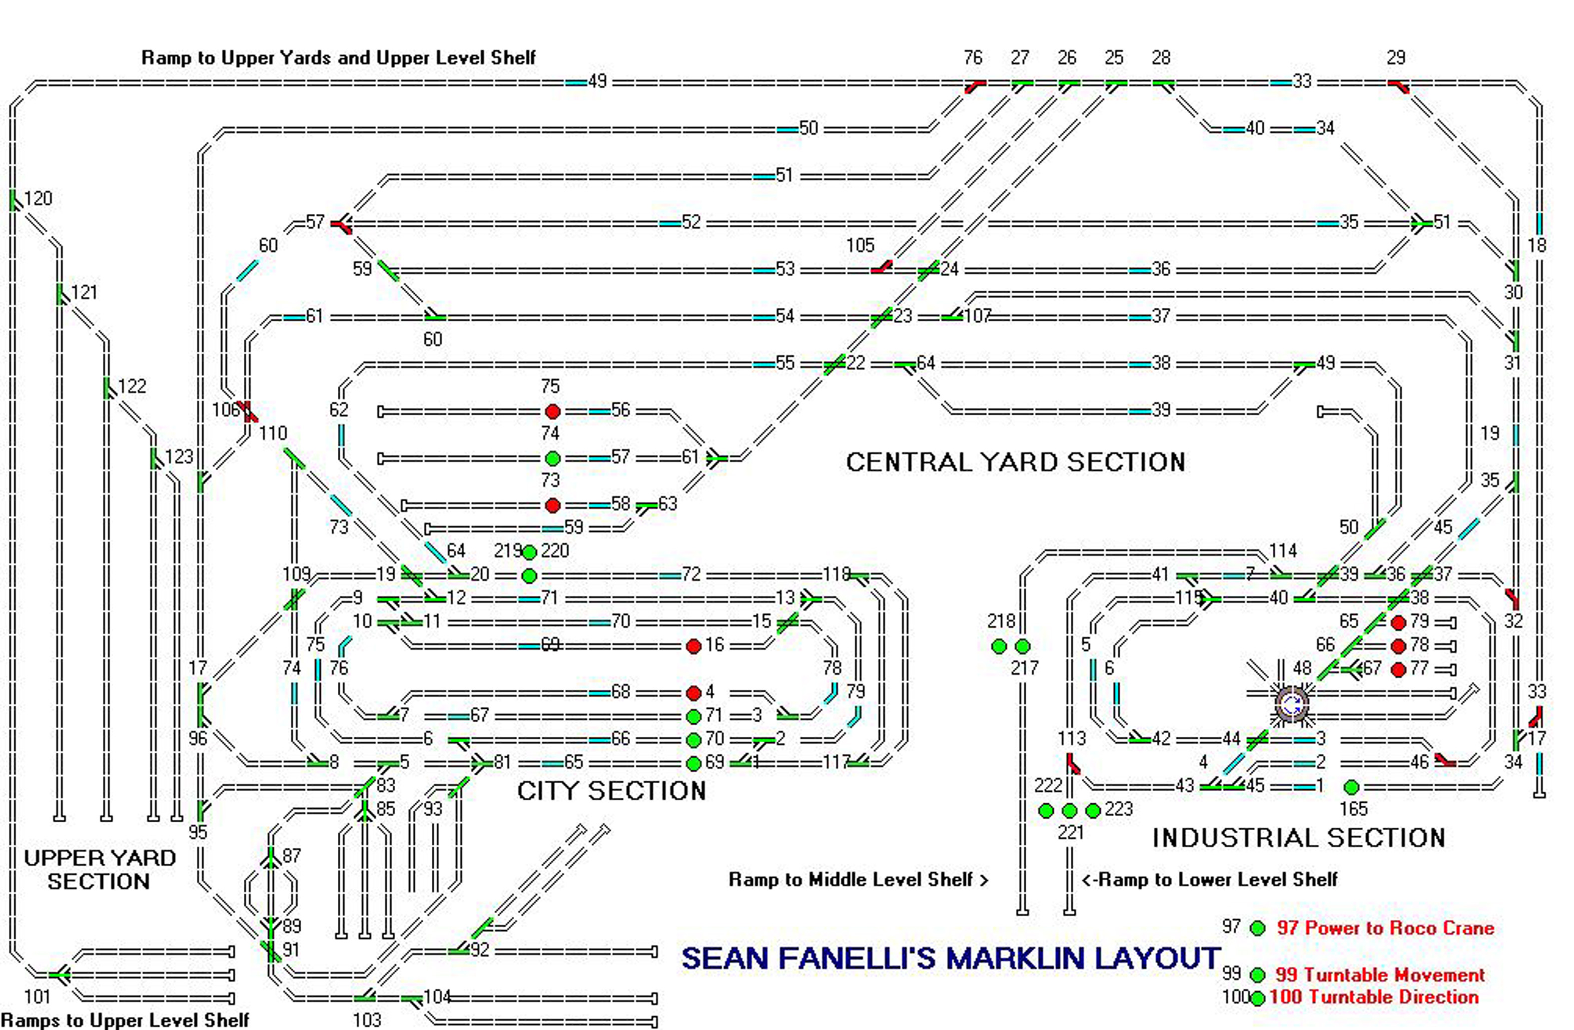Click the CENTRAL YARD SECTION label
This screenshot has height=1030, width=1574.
[1015, 462]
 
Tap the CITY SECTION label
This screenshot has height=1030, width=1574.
[611, 791]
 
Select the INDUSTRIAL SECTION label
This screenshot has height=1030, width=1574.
[1298, 838]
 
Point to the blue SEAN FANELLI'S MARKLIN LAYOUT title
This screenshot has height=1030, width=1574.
[950, 958]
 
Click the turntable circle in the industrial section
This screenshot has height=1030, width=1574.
[1291, 704]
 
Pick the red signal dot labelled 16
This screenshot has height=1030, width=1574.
[693, 646]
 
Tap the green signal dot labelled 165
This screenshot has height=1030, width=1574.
[1352, 787]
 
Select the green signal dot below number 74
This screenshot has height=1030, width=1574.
[553, 458]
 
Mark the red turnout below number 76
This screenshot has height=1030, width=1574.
[973, 86]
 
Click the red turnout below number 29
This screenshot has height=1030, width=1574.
[1398, 86]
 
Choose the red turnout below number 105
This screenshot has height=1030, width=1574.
[881, 267]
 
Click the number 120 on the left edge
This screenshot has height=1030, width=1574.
[37, 198]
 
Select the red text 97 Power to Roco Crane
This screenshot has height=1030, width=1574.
[1385, 928]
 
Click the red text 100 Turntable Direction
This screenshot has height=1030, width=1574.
[1373, 997]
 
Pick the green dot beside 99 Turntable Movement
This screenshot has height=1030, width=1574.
[1257, 975]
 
